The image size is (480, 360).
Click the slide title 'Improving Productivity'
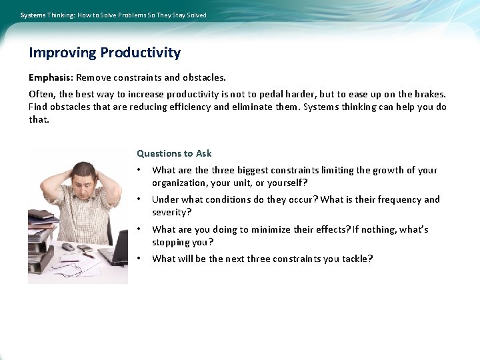point(105,53)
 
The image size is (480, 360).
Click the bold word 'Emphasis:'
point(51,78)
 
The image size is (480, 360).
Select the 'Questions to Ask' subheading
point(174,153)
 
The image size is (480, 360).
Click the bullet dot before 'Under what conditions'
point(139,199)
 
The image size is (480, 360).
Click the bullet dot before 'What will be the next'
point(139,259)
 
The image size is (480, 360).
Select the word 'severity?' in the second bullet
point(171,212)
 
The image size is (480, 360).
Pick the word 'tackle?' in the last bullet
point(357,259)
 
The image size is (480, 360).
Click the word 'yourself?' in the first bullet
point(287,183)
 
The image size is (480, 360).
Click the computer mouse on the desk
point(67,247)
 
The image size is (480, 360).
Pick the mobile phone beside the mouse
point(84,248)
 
